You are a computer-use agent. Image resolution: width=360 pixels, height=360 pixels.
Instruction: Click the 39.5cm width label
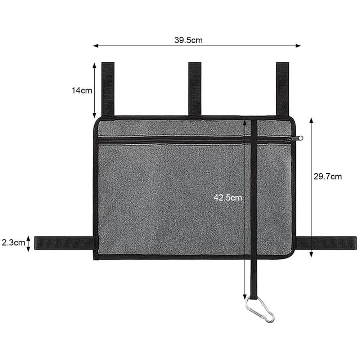[x=189, y=40]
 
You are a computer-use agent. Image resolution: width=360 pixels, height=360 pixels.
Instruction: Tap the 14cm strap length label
[x=82, y=90]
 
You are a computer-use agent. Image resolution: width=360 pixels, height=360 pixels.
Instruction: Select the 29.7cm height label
[x=328, y=176]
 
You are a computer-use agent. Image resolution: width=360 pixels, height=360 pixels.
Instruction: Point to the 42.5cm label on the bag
[x=228, y=198]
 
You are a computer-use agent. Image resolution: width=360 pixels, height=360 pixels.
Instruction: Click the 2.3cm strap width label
[x=13, y=242]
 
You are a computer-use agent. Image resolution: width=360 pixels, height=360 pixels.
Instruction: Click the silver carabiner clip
[x=260, y=309]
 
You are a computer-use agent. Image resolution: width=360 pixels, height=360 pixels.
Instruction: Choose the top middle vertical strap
[x=195, y=89]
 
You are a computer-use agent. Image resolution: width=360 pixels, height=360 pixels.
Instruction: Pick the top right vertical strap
[x=283, y=89]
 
